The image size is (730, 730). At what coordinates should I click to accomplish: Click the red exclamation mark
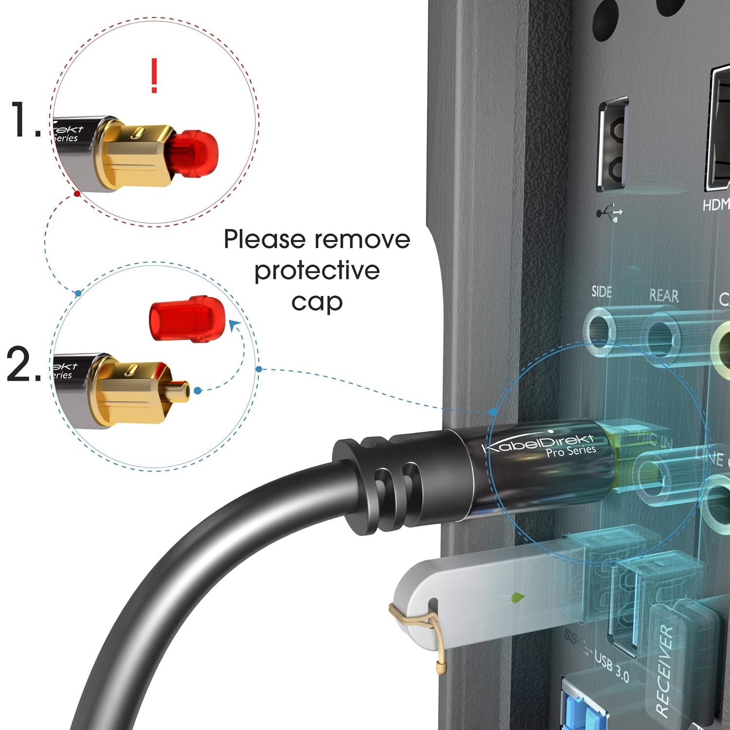154,75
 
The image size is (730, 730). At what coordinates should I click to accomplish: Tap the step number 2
22,364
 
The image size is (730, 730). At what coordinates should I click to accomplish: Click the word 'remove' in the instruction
362,240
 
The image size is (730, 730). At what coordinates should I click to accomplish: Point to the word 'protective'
317,271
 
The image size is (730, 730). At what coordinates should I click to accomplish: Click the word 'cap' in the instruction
317,302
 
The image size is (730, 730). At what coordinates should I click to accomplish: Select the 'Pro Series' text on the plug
570,451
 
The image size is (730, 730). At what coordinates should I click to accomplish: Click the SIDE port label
602,292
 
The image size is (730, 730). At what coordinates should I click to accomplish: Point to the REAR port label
664,295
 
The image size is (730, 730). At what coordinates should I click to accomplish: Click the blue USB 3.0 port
584,706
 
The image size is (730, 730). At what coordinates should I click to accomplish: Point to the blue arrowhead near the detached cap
235,325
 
